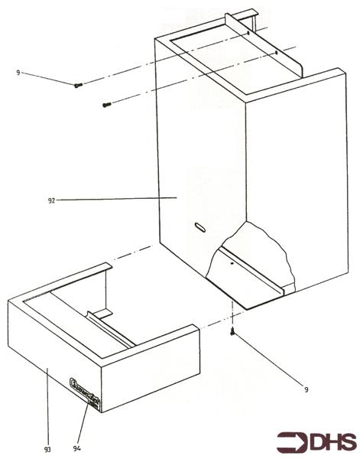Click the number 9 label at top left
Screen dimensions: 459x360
point(18,73)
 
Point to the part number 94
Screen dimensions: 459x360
point(76,447)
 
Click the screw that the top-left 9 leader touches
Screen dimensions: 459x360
point(77,86)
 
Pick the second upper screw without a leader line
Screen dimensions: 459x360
point(107,104)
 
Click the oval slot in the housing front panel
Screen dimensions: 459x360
point(199,226)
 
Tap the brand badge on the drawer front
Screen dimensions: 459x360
point(83,384)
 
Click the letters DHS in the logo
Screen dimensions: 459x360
point(330,441)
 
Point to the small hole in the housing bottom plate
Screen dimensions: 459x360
point(230,262)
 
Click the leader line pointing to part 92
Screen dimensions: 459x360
point(115,199)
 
